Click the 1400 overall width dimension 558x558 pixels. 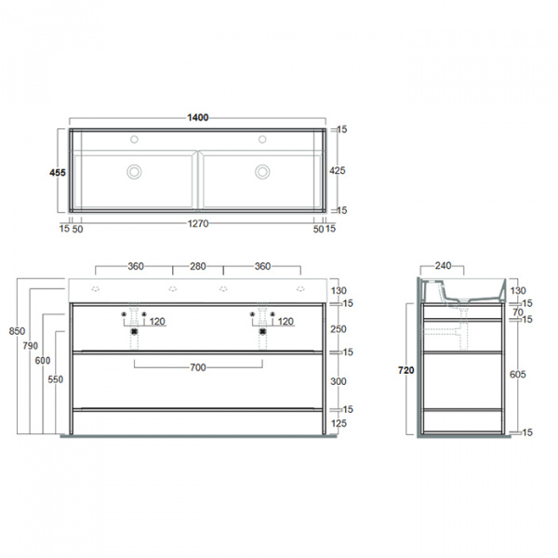pyautogui.click(x=197, y=118)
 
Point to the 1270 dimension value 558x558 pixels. pyautogui.click(x=196, y=224)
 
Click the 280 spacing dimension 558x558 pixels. pyautogui.click(x=197, y=267)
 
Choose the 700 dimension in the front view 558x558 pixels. pyautogui.click(x=197, y=368)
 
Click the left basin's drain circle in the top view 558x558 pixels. pyautogui.click(x=134, y=171)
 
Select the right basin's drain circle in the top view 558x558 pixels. pyautogui.click(x=262, y=171)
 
